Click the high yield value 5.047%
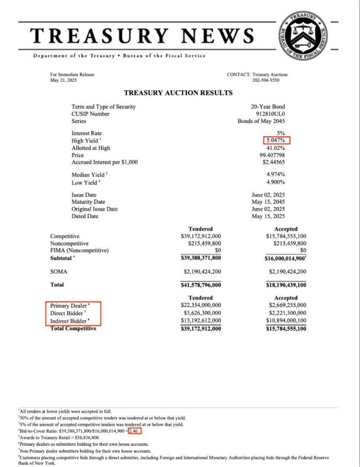(276, 141)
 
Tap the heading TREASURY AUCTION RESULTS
(178, 93)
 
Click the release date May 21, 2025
(64, 80)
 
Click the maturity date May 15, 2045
(268, 202)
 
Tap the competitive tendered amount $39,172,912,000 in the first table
(200, 237)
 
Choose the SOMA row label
(58, 272)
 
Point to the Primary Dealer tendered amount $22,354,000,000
(200, 306)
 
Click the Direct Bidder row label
(66, 313)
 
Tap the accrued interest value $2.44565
(273, 163)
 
